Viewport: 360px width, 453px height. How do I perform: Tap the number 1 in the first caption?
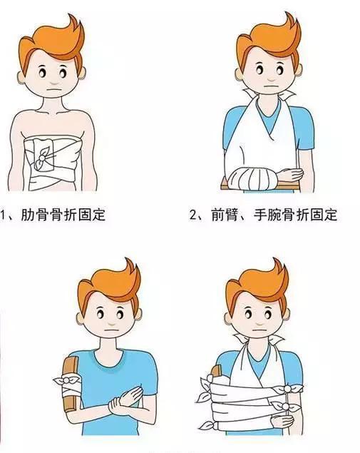(x=6, y=213)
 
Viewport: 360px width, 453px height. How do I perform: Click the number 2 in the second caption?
(x=194, y=213)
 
